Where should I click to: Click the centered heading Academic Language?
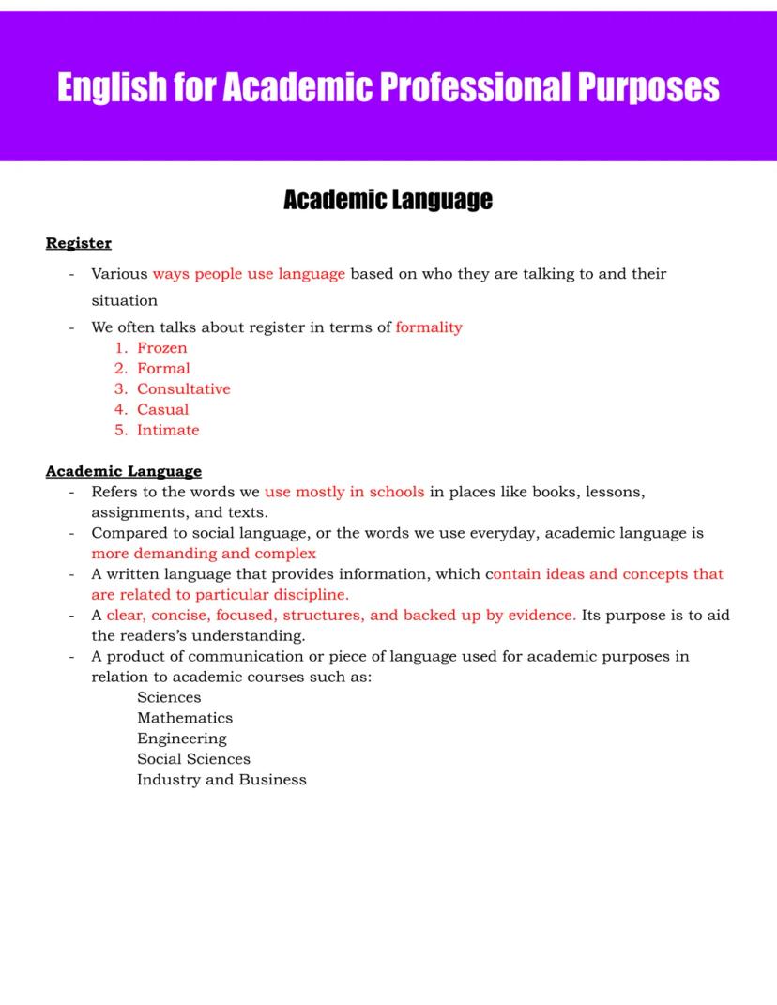388,200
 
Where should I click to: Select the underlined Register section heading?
79,244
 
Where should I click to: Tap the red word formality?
429,327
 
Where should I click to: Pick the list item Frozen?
161,348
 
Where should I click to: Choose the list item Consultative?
183,389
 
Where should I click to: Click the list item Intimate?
168,431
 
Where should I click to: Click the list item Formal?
163,369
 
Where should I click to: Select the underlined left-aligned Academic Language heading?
124,471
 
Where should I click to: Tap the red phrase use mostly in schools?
344,492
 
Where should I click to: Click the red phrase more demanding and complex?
204,554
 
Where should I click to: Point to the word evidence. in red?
542,616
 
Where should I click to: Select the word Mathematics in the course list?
185,718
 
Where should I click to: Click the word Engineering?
182,739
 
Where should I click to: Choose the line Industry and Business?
221,780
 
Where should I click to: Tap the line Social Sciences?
193,759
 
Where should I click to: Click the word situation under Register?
124,301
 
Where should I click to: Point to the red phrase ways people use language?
249,274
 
